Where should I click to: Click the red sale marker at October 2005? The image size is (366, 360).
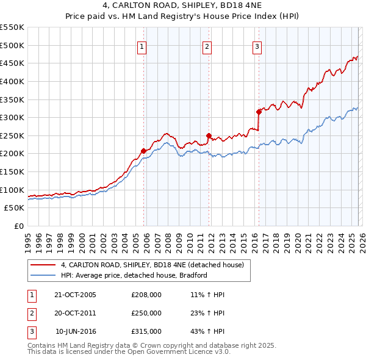144,151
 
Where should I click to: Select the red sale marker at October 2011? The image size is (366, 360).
209,135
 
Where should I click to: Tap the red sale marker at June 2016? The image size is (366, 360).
259,112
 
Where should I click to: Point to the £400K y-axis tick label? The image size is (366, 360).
12,81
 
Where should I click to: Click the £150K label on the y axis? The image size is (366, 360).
12,171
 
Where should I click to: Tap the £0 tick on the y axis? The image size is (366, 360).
18,226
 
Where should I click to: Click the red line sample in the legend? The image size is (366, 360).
43,265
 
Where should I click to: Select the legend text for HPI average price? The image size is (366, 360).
134,275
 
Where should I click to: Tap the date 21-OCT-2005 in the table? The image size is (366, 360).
75,295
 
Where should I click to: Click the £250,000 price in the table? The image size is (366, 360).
146,313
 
